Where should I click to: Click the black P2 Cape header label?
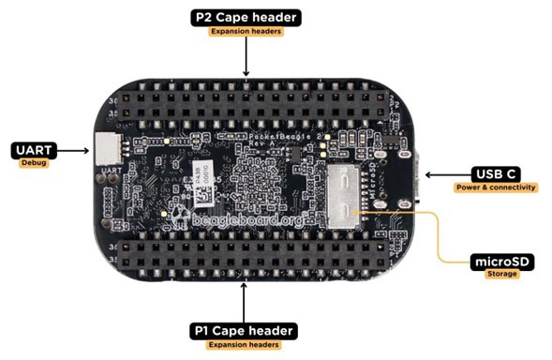pyautogui.click(x=245, y=17)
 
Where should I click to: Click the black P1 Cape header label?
pyautogui.click(x=245, y=330)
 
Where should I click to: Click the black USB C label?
pyautogui.click(x=494, y=173)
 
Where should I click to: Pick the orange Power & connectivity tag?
pyautogui.click(x=494, y=187)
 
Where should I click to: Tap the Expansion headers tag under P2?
pyautogui.click(x=245, y=32)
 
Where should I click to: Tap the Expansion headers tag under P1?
pyautogui.click(x=245, y=345)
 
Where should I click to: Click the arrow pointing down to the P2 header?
pyautogui.click(x=245, y=58)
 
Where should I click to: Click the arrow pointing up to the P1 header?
pyautogui.click(x=245, y=300)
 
